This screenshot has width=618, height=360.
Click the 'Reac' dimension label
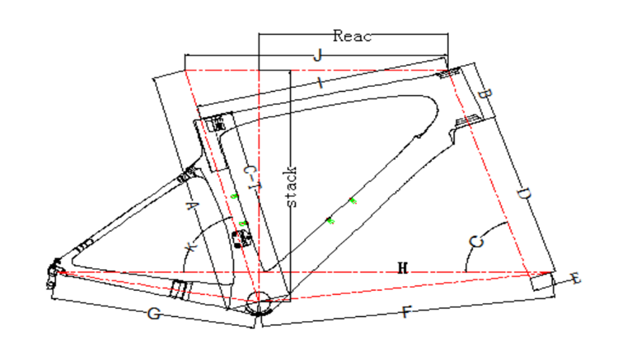pyautogui.click(x=352, y=35)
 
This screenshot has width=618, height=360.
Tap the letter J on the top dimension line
pyautogui.click(x=318, y=55)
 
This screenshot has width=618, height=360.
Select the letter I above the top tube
pyautogui.click(x=322, y=83)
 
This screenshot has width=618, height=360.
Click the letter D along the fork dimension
pyautogui.click(x=524, y=196)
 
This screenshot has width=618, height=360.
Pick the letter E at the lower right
pyautogui.click(x=576, y=280)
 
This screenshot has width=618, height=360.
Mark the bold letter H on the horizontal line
pyautogui.click(x=401, y=267)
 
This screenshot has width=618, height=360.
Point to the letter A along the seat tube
pyautogui.click(x=192, y=207)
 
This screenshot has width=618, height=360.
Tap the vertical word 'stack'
pyautogui.click(x=293, y=187)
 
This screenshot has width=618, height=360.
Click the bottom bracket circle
pyautogui.click(x=261, y=302)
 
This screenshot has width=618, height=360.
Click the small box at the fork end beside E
pyautogui.click(x=542, y=283)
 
